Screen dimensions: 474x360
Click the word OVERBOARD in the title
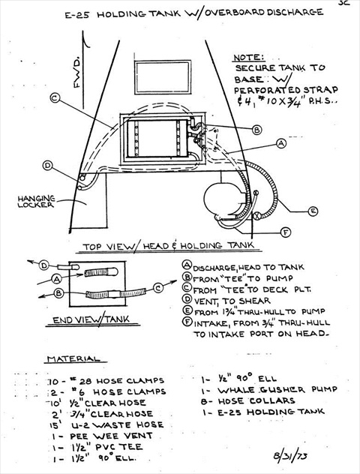click(229, 12)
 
